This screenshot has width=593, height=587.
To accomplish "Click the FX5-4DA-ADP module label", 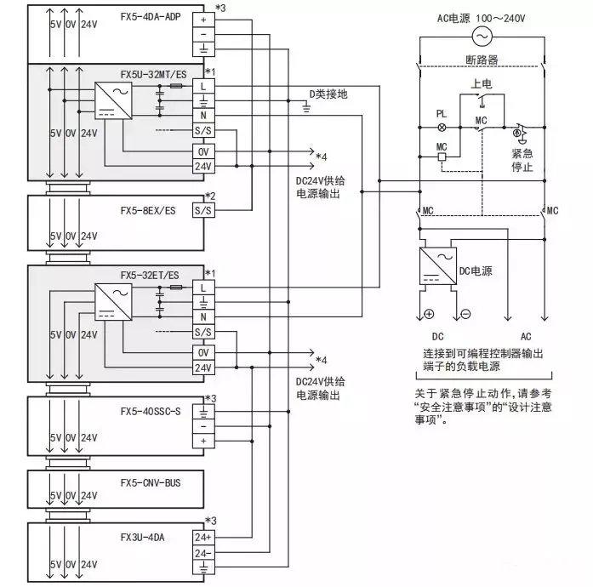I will tap(150, 16).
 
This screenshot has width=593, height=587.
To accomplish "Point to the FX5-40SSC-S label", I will tap(151, 411).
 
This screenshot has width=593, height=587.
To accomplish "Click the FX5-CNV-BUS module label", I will tap(151, 482).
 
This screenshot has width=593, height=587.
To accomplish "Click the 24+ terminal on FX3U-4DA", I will tap(203, 538).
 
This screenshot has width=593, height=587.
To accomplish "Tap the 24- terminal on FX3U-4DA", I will tap(203, 553).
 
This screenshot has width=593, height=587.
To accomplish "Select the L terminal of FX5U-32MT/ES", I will tap(203, 86).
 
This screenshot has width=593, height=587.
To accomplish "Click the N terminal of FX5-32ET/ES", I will tap(203, 316).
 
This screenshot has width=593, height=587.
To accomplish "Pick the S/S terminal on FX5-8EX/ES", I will tap(203, 208).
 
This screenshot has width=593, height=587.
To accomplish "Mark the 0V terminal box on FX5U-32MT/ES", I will tap(203, 150).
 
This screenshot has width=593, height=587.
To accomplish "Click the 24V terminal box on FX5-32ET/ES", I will tap(203, 368).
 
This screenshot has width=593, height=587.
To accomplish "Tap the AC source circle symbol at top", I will tap(482, 36).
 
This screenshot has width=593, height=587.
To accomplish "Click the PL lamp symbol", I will tap(441, 126).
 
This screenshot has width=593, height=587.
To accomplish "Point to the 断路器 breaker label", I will tap(482, 60).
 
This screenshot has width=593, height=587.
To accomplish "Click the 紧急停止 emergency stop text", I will tap(522, 160).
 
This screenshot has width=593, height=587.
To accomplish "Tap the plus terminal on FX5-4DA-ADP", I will tap(203, 18).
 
